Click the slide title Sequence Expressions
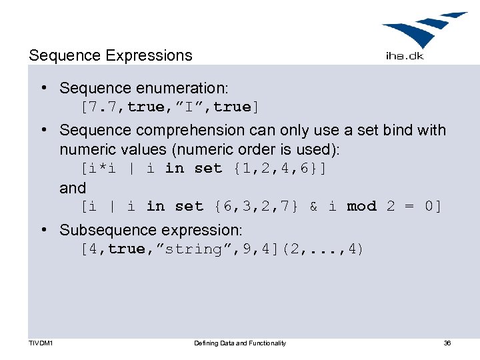tap(110, 55)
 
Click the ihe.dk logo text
tap(404, 56)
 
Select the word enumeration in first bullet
tap(185, 88)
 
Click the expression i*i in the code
tap(102, 168)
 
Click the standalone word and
tap(73, 188)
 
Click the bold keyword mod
tap(362, 207)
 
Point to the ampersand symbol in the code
tap(313, 207)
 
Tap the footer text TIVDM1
tap(41, 343)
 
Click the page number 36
tap(447, 343)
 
